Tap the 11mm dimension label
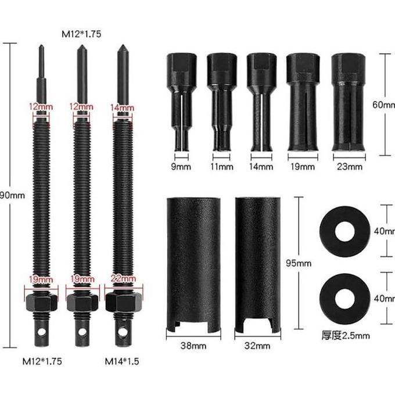pos(222,167)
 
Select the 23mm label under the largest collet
pos(350,167)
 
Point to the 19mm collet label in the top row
pos(304,167)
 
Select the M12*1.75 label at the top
pos(81,34)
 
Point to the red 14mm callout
pos(122,107)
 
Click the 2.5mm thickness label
pos(345,335)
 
